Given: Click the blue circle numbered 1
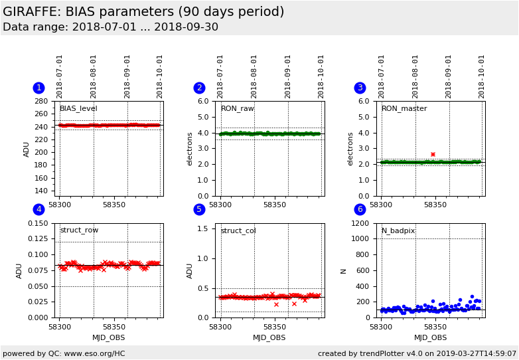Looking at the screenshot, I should pos(38,88).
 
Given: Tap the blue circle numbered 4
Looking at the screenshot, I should pos(38,210).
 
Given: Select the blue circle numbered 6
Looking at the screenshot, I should pos(360,210).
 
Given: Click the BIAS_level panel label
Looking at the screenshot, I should pos(78,109).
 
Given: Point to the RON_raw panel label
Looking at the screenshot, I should pos(237,109).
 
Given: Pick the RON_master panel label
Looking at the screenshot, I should pos(404,109).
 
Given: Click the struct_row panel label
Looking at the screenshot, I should pos(79,230).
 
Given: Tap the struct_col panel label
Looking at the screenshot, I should pos(238,230).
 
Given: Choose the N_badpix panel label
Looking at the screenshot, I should pos(398,230).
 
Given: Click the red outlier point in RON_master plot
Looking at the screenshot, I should pos(433,154).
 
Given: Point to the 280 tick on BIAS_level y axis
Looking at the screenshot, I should pos(41,102).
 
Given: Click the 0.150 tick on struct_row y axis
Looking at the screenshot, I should pos(37,223).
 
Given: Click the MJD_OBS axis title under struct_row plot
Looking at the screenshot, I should pos(108,337).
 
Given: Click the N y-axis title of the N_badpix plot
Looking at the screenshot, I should pos(343,270).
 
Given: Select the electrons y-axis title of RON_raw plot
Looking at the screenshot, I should pos(189,148).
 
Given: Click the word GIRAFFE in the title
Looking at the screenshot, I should pos(32,12).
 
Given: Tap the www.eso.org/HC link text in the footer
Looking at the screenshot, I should pos(94,353).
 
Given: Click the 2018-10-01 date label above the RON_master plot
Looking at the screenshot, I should pos(482,76).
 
